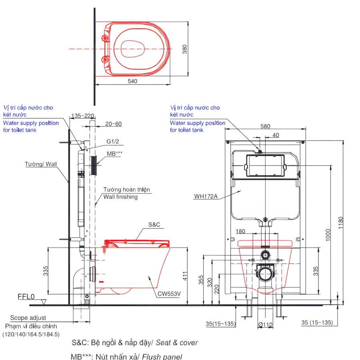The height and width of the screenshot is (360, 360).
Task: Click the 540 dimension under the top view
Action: (132, 81)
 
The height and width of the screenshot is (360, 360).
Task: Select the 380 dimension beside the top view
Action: (184, 49)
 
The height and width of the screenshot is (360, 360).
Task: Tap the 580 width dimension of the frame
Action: (265, 126)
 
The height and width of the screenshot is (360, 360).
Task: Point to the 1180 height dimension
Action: (340, 222)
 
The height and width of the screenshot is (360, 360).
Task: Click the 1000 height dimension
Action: (328, 235)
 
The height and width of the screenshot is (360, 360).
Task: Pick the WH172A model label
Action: (206, 196)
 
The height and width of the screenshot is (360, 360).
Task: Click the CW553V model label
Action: (169, 294)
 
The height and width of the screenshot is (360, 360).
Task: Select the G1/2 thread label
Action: (113, 142)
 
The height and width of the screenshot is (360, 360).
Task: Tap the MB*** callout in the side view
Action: (114, 153)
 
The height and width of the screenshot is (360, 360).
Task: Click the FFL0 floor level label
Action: (26, 297)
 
